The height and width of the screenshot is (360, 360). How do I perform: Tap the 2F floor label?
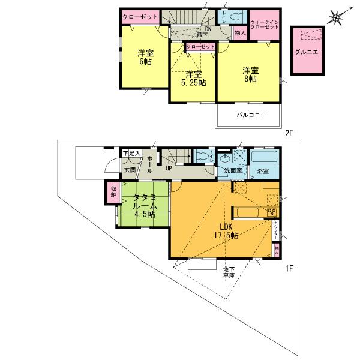click(x=289, y=133)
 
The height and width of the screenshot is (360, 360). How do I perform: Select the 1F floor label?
click(x=289, y=269)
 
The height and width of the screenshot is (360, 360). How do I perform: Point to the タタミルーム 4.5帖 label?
click(x=145, y=205)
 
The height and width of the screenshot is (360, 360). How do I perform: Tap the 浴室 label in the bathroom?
click(x=263, y=172)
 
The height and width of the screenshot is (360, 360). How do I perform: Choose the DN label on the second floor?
click(x=208, y=29)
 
